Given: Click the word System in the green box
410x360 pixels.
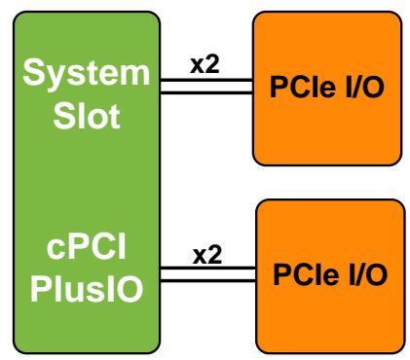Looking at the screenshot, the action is click(87, 74).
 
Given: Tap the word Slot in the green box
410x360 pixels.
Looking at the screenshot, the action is click(87, 116).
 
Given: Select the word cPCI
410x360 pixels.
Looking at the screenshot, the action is click(87, 247).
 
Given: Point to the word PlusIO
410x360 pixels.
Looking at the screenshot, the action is click(87, 289).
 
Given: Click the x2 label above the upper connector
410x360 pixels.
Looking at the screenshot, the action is click(205, 64).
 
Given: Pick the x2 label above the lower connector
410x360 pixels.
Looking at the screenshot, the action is click(207, 255).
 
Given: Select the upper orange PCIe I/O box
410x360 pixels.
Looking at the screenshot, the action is click(327, 89).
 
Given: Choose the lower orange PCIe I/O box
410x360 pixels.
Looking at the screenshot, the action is click(330, 276).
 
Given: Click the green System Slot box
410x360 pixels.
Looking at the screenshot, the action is click(87, 182).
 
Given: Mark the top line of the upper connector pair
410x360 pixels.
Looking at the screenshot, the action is click(206, 80).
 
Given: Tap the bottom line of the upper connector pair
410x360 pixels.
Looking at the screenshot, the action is click(206, 92).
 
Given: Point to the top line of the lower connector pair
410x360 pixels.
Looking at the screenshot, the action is click(208, 268).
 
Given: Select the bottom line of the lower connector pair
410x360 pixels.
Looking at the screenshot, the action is click(208, 280).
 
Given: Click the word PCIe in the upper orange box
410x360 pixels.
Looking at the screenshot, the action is click(303, 87).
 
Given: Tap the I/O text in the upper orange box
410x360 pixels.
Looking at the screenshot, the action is click(365, 87).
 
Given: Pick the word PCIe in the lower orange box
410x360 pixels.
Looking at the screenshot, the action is click(306, 274).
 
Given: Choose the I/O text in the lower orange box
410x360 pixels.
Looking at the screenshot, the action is click(368, 274).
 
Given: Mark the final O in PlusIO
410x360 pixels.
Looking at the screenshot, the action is click(130, 289).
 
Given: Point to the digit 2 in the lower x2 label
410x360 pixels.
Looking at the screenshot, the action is click(215, 255).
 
